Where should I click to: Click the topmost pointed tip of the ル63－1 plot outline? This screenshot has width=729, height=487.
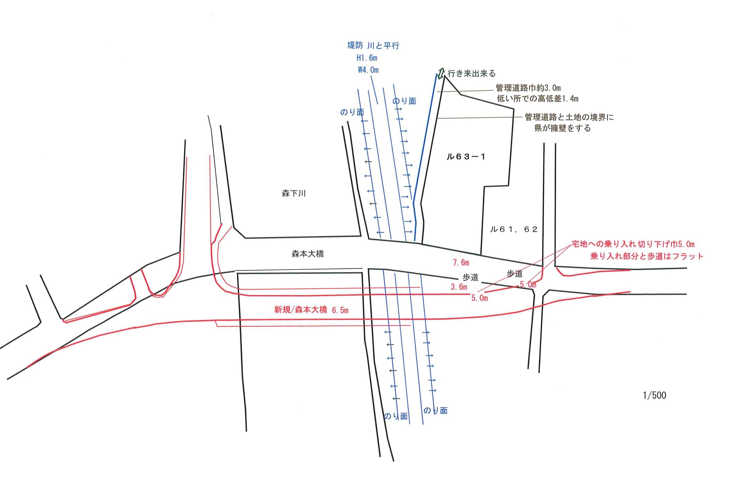[x=445, y=76]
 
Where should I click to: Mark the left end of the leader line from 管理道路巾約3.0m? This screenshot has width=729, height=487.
[x=437, y=92]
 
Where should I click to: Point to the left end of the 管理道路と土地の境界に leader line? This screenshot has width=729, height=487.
[x=436, y=119]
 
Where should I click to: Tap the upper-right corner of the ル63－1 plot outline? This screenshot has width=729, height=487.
[x=514, y=109]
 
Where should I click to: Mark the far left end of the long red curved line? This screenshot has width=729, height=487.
[x=27, y=367]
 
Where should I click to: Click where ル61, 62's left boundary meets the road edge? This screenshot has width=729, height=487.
[x=481, y=255]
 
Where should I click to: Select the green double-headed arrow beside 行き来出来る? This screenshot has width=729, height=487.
[x=441, y=74]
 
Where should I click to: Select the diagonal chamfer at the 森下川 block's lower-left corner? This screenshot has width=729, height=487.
[x=239, y=233]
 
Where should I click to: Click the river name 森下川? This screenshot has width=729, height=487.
[x=294, y=194]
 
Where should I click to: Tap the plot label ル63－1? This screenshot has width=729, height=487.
[x=466, y=157]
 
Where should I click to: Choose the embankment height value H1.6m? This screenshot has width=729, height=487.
[x=367, y=58]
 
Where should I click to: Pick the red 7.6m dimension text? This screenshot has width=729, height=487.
[x=461, y=263]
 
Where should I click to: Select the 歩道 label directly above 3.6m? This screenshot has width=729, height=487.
[x=470, y=277]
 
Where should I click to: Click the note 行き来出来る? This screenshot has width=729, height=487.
[x=471, y=74]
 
